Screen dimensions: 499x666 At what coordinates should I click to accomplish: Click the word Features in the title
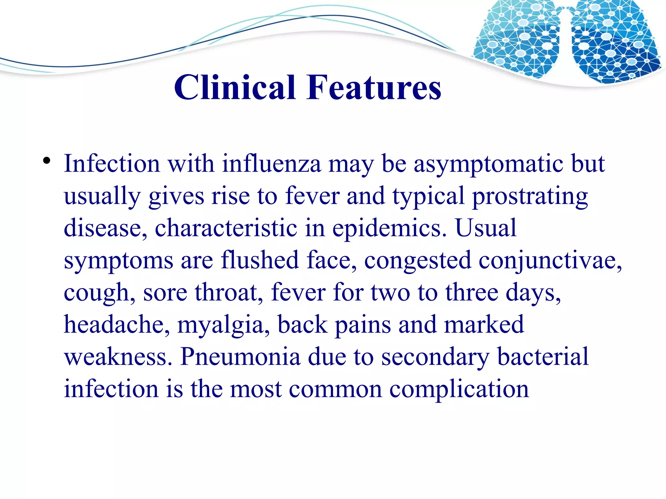(374, 87)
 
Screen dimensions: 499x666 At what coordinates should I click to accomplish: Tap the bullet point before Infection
(47, 161)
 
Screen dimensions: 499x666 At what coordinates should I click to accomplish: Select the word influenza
(272, 164)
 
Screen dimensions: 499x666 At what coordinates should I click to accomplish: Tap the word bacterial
(543, 356)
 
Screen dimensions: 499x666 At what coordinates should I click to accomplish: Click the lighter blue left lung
(517, 39)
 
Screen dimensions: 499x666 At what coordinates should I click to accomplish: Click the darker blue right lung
(615, 42)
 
